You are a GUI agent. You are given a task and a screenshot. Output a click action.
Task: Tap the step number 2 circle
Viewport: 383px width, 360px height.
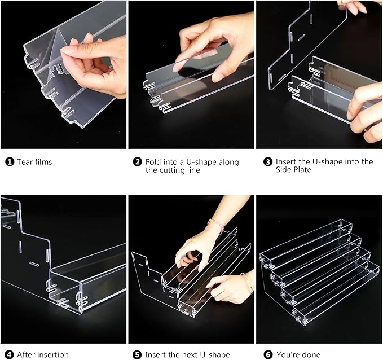coord(137,162)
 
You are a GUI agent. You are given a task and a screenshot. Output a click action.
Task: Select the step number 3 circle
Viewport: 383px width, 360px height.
coord(267,162)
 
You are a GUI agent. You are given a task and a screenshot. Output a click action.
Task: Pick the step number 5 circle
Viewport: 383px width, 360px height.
coord(137,355)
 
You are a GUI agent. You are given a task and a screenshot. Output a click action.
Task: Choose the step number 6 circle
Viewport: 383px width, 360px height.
coord(267,355)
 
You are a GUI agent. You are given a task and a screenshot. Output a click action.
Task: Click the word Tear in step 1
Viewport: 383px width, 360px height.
coord(25,162)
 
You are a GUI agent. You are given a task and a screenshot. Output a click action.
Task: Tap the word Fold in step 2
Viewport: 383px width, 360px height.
coord(154,162)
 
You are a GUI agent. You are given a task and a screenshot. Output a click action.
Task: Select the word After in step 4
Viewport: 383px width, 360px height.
coord(27,355)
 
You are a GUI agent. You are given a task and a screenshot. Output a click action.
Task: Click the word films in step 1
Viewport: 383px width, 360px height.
coord(43,162)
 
